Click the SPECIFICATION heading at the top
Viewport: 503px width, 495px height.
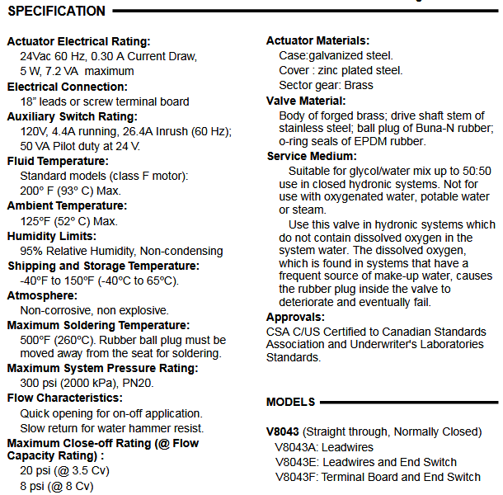coord(56,12)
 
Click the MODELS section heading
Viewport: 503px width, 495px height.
coord(290,402)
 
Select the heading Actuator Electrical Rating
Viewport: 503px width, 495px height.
coord(79,41)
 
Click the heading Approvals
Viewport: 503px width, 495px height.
coord(295,317)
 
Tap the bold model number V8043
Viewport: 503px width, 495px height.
coord(283,431)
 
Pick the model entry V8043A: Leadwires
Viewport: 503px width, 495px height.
coord(325,447)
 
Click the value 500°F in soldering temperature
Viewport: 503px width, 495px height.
coord(35,339)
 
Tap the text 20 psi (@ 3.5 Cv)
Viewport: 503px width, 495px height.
coord(64,471)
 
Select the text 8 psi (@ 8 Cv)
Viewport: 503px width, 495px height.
coord(57,486)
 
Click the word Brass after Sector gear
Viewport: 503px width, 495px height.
coord(360,85)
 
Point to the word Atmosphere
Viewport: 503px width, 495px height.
coord(41,295)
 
